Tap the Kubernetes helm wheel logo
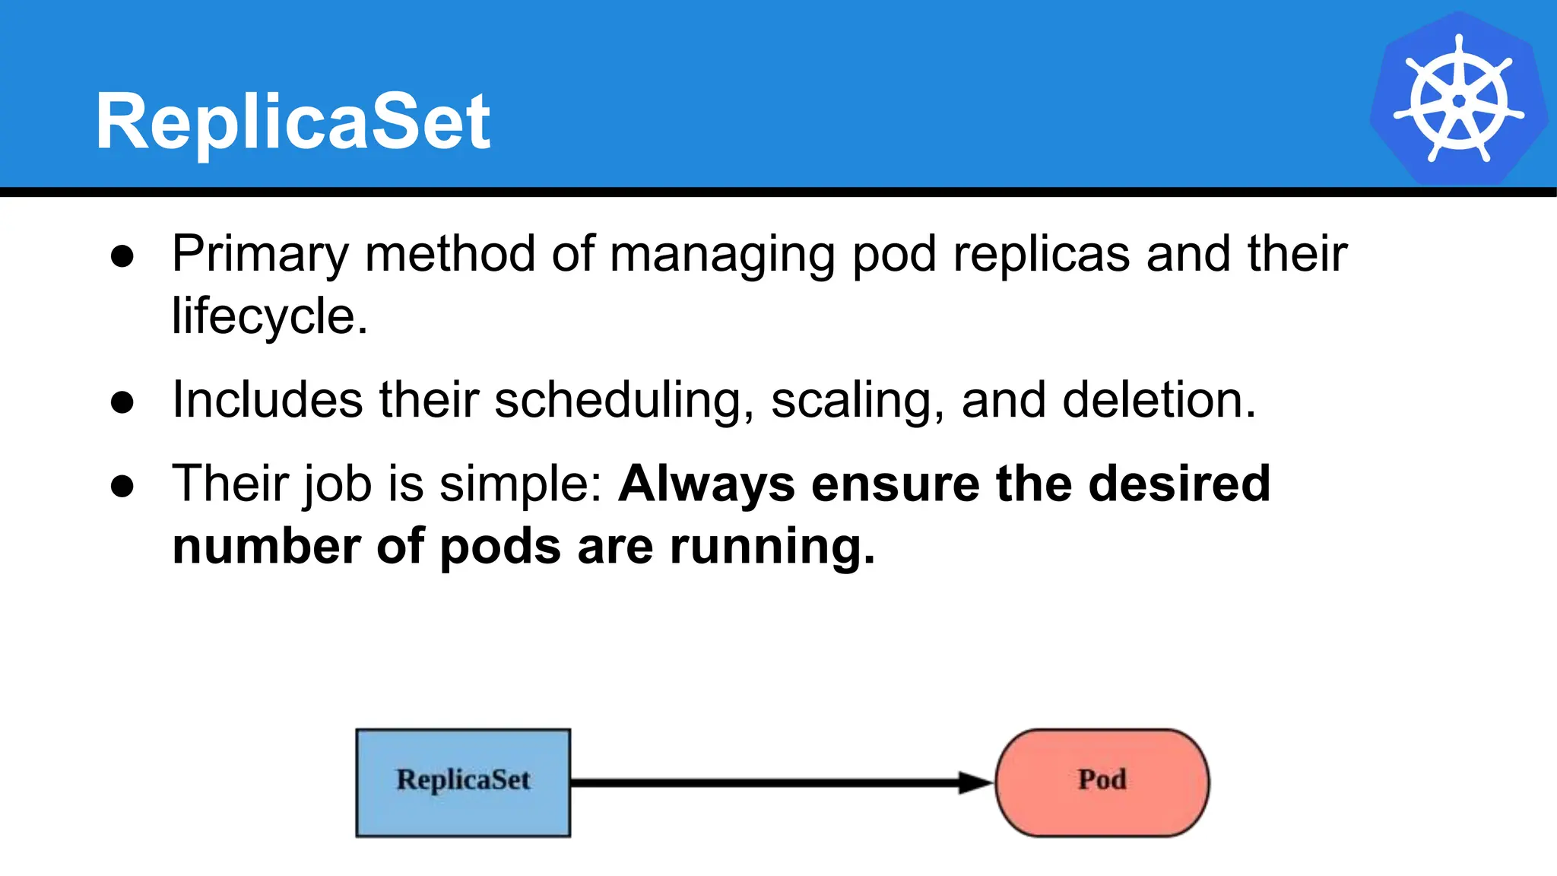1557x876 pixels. tap(1458, 99)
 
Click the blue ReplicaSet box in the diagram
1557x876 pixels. tap(463, 782)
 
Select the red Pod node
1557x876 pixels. tap(1102, 782)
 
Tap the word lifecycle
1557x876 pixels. tap(268, 317)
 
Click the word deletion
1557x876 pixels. tap(1158, 401)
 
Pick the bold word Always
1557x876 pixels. tap(706, 484)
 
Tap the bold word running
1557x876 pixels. tap(772, 547)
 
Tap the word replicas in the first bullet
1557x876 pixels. tap(1041, 255)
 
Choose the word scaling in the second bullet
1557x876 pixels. tap(857, 401)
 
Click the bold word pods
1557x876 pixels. tap(500, 547)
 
